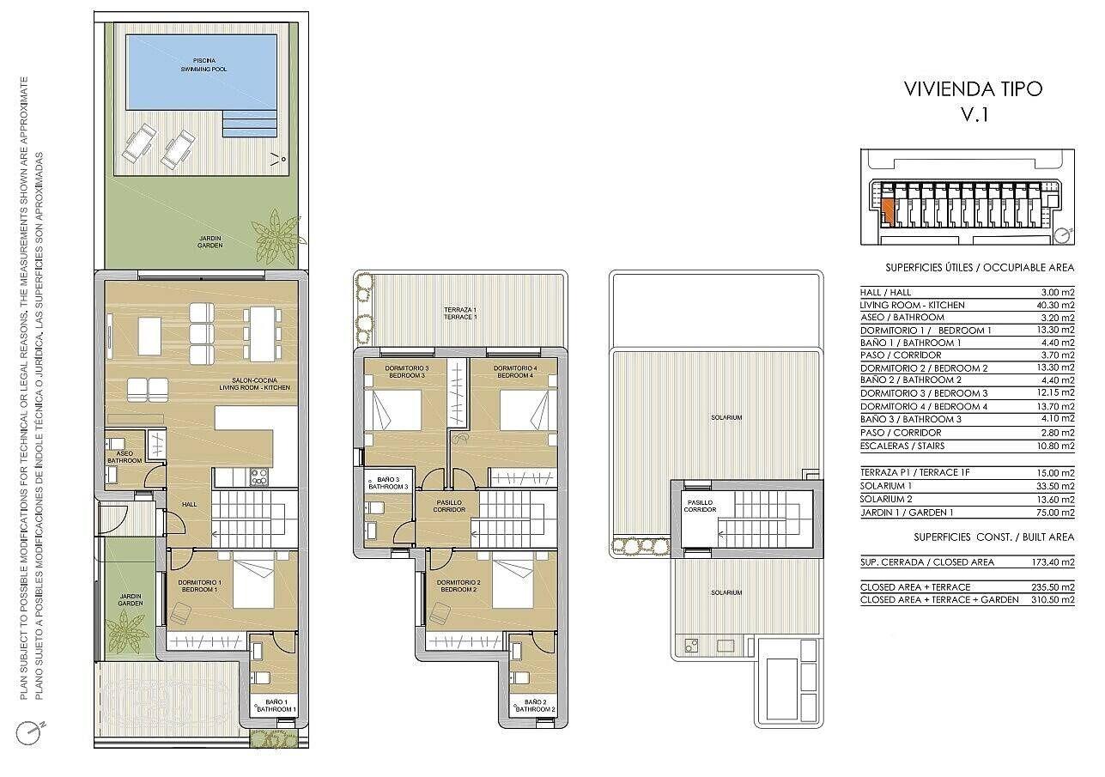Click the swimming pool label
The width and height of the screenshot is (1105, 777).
coord(203,64)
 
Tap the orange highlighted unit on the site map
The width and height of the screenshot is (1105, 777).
coord(887,211)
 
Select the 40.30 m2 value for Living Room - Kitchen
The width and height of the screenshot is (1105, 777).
coord(1055,306)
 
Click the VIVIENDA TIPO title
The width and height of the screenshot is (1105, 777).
coord(974,89)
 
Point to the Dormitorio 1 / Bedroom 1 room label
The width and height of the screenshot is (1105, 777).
coord(199,586)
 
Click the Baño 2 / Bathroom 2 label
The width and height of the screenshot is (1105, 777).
coord(535,706)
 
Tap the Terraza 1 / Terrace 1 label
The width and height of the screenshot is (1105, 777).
coord(459,313)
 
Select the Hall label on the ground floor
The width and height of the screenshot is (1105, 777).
coord(189,504)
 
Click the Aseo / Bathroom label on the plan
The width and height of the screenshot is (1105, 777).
coord(124,457)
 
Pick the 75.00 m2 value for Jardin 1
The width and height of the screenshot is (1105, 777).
coord(1055,513)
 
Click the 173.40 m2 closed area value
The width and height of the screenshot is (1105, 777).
coord(1053,562)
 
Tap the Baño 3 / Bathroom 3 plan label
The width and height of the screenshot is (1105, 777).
coord(388,483)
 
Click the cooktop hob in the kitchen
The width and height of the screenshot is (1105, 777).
coord(259,477)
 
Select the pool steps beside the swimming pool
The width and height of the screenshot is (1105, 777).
coord(249,123)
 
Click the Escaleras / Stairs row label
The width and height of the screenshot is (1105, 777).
coord(902,446)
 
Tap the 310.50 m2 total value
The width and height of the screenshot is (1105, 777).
coord(1053,599)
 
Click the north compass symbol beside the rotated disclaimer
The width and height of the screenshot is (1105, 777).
coord(28,733)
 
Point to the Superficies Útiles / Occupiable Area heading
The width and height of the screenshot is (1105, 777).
coord(980,267)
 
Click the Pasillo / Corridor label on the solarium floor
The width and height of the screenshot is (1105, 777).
coord(700,507)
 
